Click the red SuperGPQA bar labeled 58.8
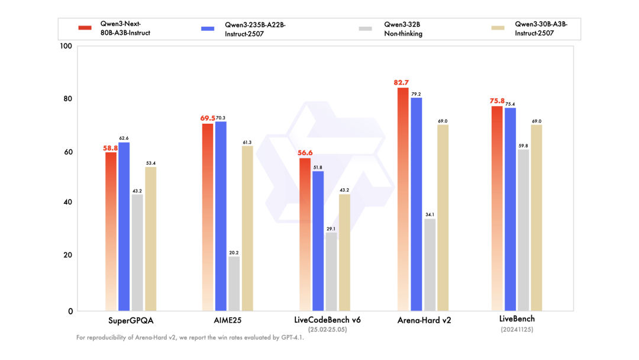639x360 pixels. (x=111, y=231)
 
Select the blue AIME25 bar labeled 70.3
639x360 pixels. (x=221, y=216)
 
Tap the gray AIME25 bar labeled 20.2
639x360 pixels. (x=234, y=283)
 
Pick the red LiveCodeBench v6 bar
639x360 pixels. (x=305, y=234)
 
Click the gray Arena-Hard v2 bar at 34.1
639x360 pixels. (x=430, y=265)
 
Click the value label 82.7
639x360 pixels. (x=402, y=83)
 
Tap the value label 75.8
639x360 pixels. (x=496, y=101)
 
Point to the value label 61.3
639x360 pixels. (x=247, y=142)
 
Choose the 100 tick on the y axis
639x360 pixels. (x=66, y=46)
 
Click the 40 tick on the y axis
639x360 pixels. (x=68, y=202)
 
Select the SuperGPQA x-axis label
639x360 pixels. (x=131, y=320)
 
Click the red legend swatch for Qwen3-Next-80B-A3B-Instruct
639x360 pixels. (x=85, y=28)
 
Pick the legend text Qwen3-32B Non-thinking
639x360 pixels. (x=403, y=29)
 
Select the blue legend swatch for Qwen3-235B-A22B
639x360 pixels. (x=208, y=28)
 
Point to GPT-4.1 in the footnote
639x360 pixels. (x=290, y=337)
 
